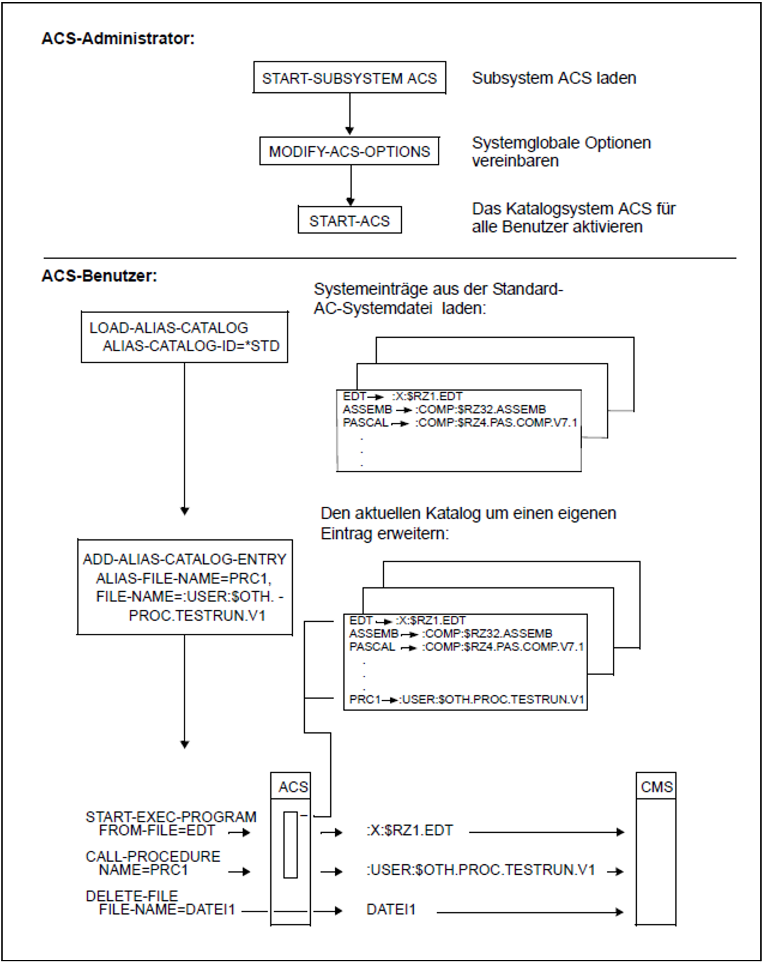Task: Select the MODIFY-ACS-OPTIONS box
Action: pyautogui.click(x=349, y=151)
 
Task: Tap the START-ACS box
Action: pyautogui.click(x=349, y=220)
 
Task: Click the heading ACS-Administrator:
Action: pyautogui.click(x=118, y=38)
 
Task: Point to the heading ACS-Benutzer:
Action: pyautogui.click(x=99, y=276)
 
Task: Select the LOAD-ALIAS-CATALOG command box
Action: pyautogui.click(x=184, y=337)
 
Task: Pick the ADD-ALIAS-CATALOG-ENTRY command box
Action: pyautogui.click(x=185, y=587)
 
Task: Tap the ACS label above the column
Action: pyautogui.click(x=292, y=786)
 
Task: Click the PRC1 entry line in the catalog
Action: pyautogui.click(x=466, y=699)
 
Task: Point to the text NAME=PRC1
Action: pyautogui.click(x=143, y=869)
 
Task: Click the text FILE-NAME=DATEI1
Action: pyautogui.click(x=167, y=909)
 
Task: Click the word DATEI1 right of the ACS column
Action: pyautogui.click(x=391, y=909)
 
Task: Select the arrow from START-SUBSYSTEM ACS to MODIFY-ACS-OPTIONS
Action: pyautogui.click(x=349, y=114)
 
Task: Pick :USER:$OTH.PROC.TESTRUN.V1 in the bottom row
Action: pyautogui.click(x=480, y=869)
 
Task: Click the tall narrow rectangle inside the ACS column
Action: pyautogui.click(x=290, y=845)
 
